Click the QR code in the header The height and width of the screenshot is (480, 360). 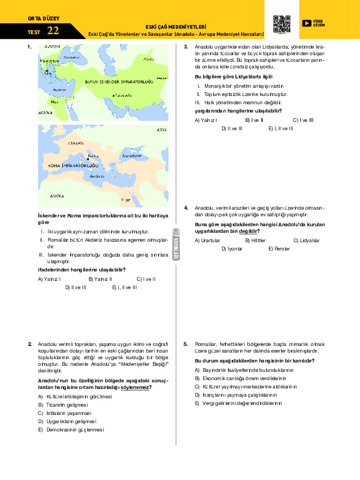click(x=282, y=23)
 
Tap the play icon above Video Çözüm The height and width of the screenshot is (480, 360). click(x=306, y=23)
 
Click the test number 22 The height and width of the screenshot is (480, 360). click(x=53, y=30)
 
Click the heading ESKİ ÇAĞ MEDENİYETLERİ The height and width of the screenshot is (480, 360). click(x=176, y=26)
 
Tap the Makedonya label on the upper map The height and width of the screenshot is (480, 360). click(x=49, y=60)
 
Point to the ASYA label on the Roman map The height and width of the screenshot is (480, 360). click(x=161, y=131)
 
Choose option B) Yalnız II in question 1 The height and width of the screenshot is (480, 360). click(x=100, y=279)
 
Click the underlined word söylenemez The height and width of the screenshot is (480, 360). click(x=134, y=387)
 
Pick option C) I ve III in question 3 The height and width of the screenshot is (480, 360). click(x=303, y=120)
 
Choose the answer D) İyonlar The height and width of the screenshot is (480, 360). click(x=231, y=249)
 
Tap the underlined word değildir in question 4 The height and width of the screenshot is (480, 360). click(x=248, y=231)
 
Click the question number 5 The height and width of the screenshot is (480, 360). click(x=186, y=343)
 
